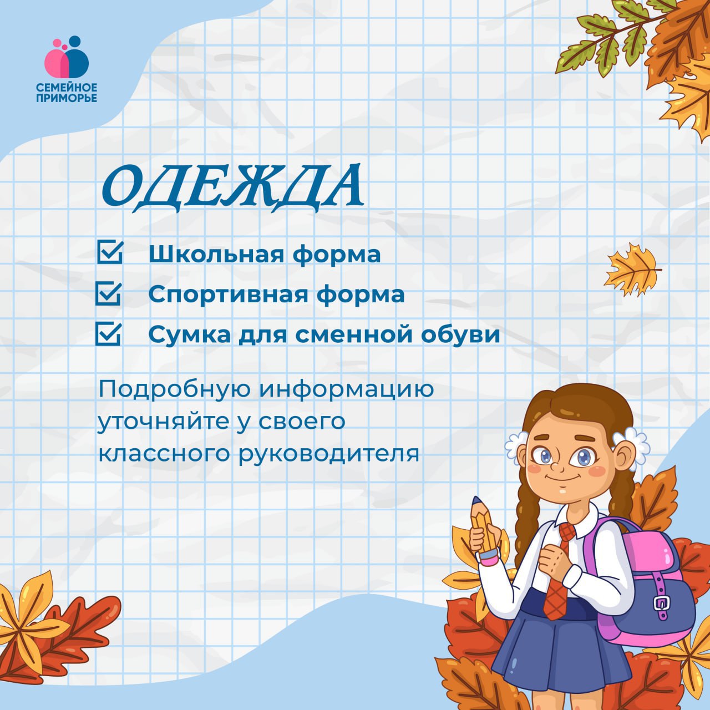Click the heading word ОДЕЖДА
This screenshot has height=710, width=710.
[x=232, y=188]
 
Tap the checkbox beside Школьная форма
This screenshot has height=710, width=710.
[x=110, y=252]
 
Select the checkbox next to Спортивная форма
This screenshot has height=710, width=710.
[x=109, y=293]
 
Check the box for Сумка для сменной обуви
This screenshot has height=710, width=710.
[x=109, y=334]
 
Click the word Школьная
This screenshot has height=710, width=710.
[x=216, y=254]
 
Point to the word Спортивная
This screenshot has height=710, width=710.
[x=228, y=295]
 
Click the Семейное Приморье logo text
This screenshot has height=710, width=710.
[x=67, y=93]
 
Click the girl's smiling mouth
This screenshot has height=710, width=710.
[x=563, y=478]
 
